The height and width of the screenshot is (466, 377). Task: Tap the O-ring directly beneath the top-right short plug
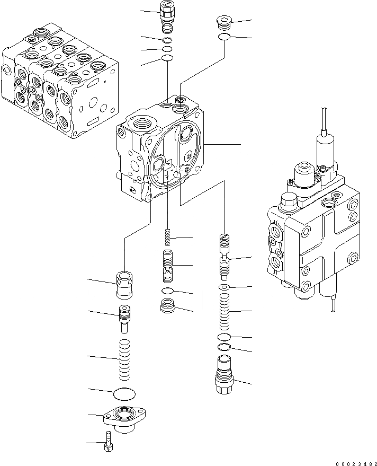coord(223,37)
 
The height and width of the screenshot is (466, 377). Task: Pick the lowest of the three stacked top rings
coord(167,58)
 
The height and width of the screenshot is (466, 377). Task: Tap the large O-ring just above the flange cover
coord(125,394)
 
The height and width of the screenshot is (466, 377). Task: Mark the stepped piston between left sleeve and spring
coord(124,316)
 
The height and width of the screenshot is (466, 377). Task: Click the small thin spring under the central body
coord(168,237)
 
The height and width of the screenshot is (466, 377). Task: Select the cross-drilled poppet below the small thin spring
coord(168,265)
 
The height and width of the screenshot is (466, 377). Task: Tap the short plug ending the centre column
coord(168,307)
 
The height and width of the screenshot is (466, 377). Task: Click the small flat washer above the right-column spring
coord(225,287)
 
